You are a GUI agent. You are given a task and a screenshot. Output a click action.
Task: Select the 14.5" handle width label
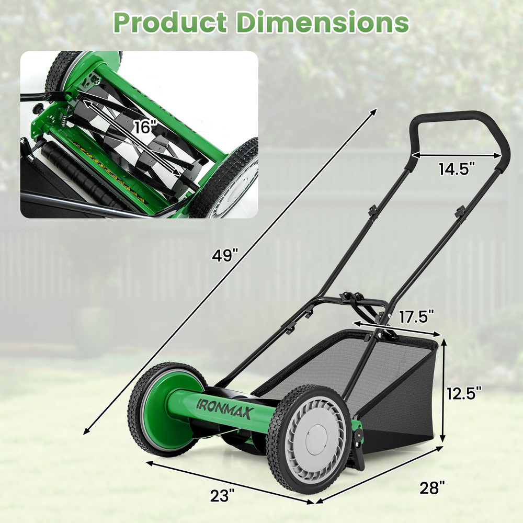coord(457,168)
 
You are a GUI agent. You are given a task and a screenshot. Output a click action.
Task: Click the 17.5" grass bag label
coord(417,317)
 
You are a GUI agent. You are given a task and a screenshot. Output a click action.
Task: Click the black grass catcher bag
coord(397,397)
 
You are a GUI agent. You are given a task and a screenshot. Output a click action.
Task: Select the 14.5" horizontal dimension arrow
coord(456,155)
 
